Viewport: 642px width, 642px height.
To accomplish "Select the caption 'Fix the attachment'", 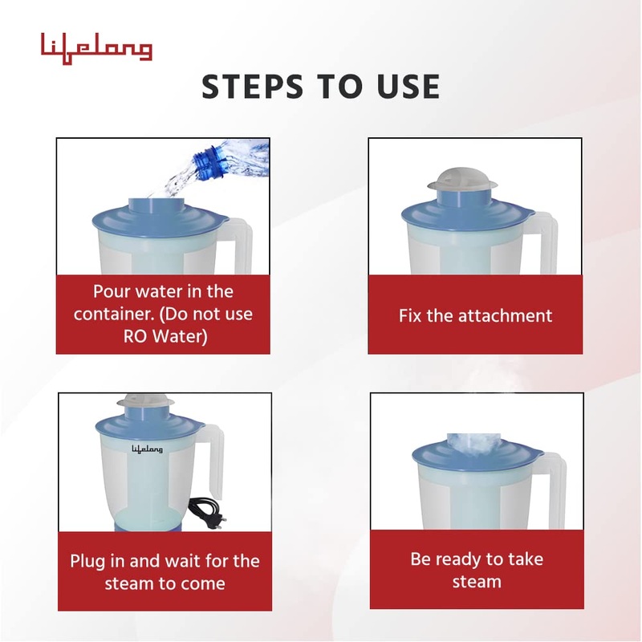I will (x=475, y=315).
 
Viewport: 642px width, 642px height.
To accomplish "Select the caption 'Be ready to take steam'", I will (x=476, y=570).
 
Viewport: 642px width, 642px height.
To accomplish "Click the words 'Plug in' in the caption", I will (x=100, y=560).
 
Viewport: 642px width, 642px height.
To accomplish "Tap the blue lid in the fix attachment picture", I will (x=465, y=210).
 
